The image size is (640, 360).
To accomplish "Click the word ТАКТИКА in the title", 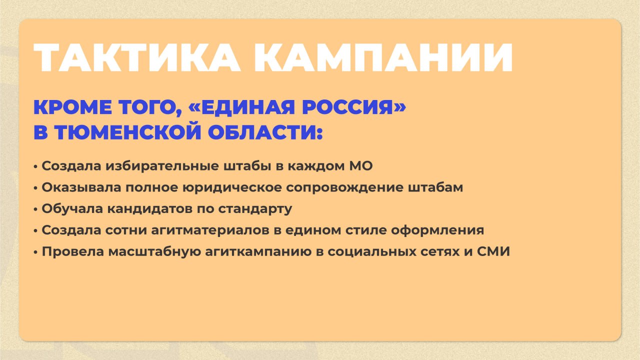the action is tap(137, 57).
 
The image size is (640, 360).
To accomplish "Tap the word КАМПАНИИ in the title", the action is tap(383, 57).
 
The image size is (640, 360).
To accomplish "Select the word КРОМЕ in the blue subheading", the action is tap(72, 107).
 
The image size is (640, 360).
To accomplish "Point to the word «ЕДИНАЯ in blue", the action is tap(241, 107).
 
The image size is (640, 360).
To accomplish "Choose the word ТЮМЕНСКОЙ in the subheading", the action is tap(128, 132).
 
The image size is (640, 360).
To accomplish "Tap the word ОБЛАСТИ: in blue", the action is tap(265, 132).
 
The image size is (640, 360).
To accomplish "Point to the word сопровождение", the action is tap(344, 188).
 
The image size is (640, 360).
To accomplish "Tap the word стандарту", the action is tap(255, 209).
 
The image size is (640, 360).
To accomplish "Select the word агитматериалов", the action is tap(210, 230).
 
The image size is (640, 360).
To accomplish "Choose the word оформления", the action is tap(437, 230).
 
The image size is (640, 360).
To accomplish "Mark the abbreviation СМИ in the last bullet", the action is tap(493, 251).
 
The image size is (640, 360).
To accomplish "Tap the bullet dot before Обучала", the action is tap(35, 209).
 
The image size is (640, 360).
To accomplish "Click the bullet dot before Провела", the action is tap(35, 252).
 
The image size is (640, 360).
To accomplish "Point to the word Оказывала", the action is tap(81, 188).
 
